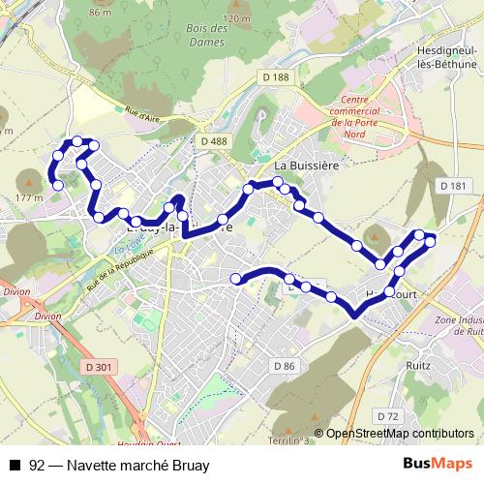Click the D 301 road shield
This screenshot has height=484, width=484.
(98, 367)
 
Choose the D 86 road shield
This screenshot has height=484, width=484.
(284, 365)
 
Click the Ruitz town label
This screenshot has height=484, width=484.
(418, 366)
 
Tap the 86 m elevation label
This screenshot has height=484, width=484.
(101, 13)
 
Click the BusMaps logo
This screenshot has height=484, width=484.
(439, 466)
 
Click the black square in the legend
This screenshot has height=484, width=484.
(14, 466)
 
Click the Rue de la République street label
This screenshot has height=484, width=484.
(120, 269)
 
